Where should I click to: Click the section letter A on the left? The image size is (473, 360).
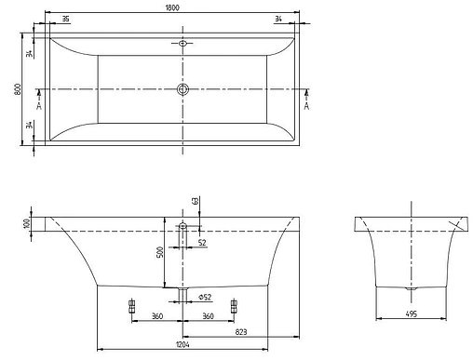(x=37, y=105)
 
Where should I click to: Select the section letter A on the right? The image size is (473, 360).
(x=306, y=105)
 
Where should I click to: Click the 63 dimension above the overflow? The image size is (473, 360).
(x=196, y=201)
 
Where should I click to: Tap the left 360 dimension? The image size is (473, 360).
(x=156, y=316)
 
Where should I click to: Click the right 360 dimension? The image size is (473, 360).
(x=209, y=316)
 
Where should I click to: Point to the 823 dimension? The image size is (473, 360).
(x=241, y=331)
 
